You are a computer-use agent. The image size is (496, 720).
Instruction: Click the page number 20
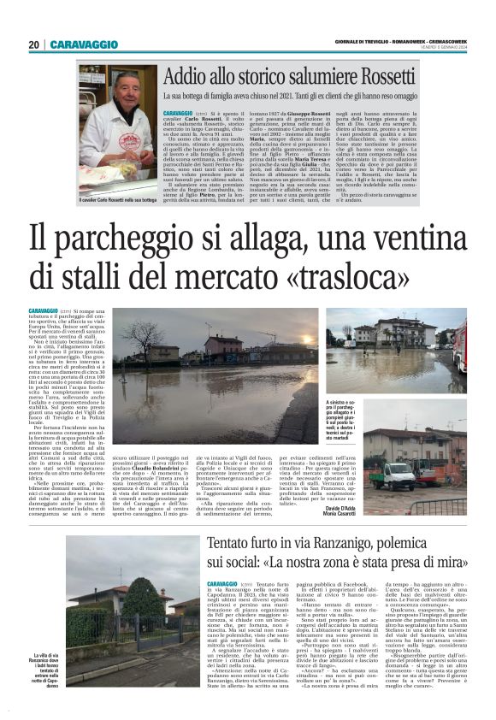click(x=34, y=44)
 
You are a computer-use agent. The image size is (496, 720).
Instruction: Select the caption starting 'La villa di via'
click(x=49, y=668)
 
